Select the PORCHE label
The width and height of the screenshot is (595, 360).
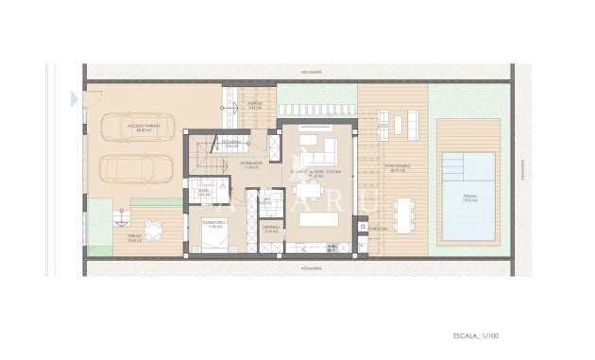pyautogui.click(x=253, y=105)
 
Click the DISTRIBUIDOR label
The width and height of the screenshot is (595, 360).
pyautogui.click(x=250, y=164)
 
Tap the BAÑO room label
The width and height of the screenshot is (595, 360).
pyautogui.click(x=204, y=192)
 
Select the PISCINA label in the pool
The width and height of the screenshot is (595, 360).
pyautogui.click(x=469, y=197)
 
